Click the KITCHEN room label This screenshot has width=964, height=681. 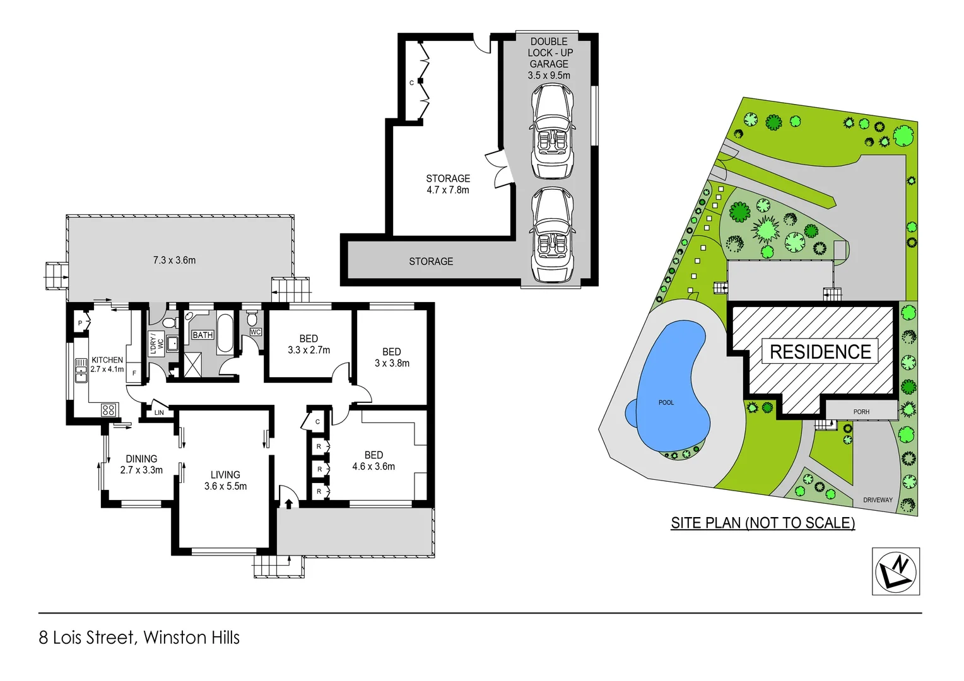pos(107,361)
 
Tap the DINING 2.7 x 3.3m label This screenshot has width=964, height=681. pos(141,465)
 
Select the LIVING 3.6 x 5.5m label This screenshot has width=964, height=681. pos(225,480)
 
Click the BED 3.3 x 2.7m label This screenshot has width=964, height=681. pos(309,344)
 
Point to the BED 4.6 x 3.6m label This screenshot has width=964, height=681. pos(373,461)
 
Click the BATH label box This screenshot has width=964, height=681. pos(203,335)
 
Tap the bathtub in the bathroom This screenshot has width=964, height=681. pos(225,333)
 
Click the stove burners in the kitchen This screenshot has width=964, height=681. pos(108,410)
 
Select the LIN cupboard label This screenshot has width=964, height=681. pos(159,413)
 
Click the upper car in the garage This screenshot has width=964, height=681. pos(552,131)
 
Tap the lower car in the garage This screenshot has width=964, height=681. pos(552,235)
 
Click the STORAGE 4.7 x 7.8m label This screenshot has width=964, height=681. pos(448,184)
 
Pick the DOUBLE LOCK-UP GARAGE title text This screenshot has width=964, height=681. pos(550,53)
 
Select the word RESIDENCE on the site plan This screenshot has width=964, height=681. pos(820,352)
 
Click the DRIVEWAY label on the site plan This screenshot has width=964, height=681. pos(878,500)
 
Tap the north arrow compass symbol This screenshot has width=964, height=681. pos(896,571)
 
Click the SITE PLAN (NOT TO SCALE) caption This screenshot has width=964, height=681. pos(763,523)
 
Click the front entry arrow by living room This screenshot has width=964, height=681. pos(289,503)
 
